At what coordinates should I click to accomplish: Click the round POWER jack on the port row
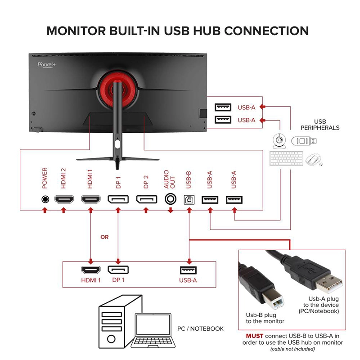pos(45,199)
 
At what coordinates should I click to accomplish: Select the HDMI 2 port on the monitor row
pos(64,199)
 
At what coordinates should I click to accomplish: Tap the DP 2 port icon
pos(147,199)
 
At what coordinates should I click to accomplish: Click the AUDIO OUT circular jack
pos(171,199)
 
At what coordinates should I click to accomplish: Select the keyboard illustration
pos(285,158)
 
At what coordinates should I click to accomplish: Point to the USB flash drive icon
pos(304,140)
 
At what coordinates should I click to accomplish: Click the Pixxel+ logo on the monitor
pos(45,64)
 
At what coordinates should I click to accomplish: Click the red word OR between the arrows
pos(104,237)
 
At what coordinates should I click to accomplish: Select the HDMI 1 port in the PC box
pos(91,270)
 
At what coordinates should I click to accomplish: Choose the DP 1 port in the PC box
pos(117,270)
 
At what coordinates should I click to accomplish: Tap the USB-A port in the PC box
pos(189,270)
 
